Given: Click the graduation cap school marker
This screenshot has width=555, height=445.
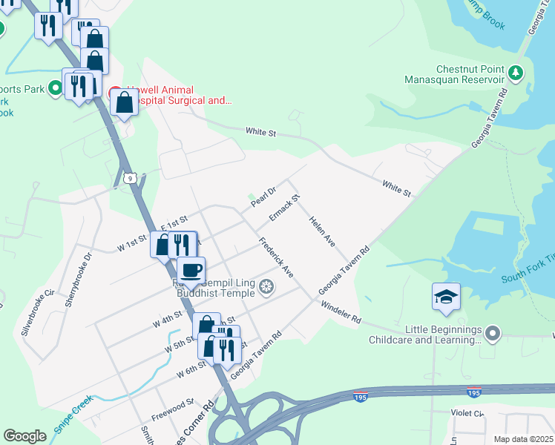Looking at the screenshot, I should click(446, 297).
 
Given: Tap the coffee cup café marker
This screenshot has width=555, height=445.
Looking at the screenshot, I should click(191, 270).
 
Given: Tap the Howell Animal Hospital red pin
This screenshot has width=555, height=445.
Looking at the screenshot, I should click(115, 93).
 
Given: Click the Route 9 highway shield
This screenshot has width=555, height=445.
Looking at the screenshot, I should click(130, 178).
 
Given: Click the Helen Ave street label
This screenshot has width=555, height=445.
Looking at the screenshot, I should click(323, 232).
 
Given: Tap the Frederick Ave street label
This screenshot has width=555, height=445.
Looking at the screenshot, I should click(275, 257).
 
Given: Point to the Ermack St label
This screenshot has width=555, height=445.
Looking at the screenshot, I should click(284, 208).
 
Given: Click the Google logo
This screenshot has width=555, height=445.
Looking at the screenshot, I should click(24, 436).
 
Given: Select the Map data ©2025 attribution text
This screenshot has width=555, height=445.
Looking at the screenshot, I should click(523, 439).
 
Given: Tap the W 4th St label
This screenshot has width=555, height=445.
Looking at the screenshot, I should click(168, 322).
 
